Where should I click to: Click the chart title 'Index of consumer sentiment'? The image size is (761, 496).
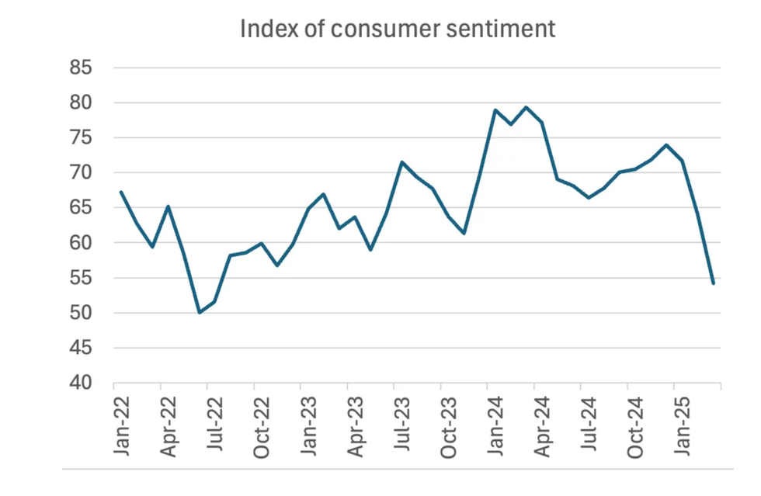(398, 29)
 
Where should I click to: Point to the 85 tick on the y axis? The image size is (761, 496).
(82, 68)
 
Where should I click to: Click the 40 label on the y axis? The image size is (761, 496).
(82, 383)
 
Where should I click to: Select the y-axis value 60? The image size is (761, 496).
(82, 243)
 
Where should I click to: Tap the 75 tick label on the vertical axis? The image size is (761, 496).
(82, 138)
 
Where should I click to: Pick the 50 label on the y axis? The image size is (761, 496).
(82, 314)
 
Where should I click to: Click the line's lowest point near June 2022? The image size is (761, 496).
(200, 312)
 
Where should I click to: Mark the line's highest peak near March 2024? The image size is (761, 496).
(526, 107)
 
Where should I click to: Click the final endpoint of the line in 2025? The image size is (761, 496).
(713, 283)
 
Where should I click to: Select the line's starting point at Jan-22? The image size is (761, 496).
(121, 192)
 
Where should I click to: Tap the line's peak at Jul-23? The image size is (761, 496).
(401, 162)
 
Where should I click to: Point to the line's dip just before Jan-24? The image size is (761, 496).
(464, 233)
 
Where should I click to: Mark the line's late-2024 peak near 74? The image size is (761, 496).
(666, 145)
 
